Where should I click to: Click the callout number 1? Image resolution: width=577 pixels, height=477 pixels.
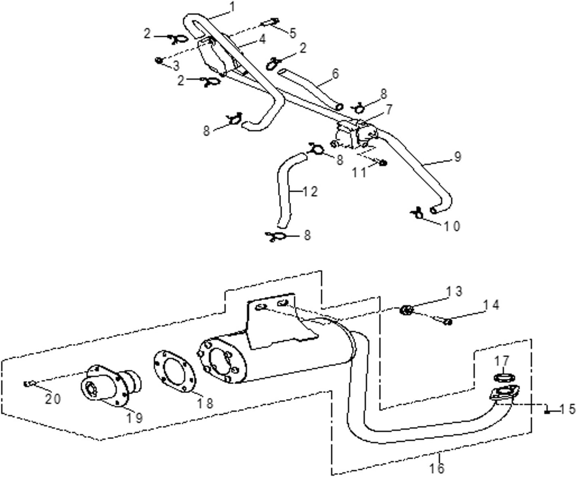pyautogui.click(x=233, y=7)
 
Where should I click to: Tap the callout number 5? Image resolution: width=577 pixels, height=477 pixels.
pyautogui.click(x=293, y=33)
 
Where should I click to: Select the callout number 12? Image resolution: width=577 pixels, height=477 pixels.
pyautogui.click(x=310, y=191)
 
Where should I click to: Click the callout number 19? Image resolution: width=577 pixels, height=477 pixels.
pyautogui.click(x=134, y=418)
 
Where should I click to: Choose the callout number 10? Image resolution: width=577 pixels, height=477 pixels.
pyautogui.click(x=452, y=226)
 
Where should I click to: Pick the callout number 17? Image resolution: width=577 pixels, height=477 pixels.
pyautogui.click(x=501, y=361)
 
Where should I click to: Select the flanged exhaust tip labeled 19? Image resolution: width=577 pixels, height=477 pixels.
pyautogui.click(x=111, y=385)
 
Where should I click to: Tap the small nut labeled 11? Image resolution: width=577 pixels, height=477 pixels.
pyautogui.click(x=383, y=163)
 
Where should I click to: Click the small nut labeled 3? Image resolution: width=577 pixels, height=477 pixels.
pyautogui.click(x=159, y=60)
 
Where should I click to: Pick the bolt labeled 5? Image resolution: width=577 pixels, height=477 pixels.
pyautogui.click(x=269, y=22)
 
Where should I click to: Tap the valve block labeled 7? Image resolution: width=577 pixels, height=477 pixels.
pyautogui.click(x=357, y=134)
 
